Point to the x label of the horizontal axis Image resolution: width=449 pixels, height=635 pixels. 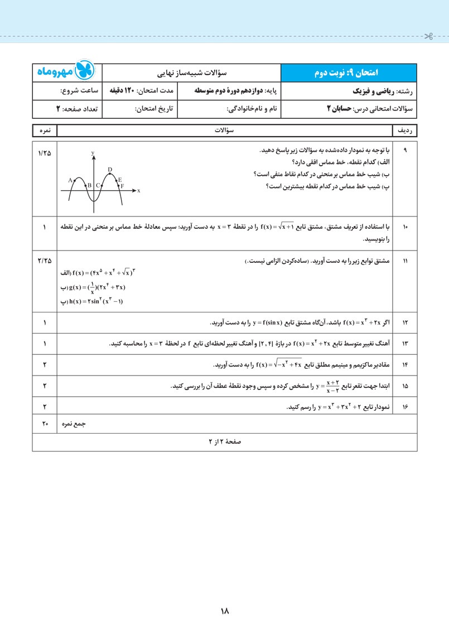[138, 191]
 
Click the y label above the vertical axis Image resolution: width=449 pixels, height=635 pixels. [93, 153]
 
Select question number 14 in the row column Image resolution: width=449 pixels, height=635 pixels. [405, 365]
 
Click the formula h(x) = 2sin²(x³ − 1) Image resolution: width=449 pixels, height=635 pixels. [91, 302]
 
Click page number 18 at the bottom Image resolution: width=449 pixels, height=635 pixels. [225, 611]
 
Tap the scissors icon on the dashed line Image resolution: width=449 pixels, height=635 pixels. [428, 37]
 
